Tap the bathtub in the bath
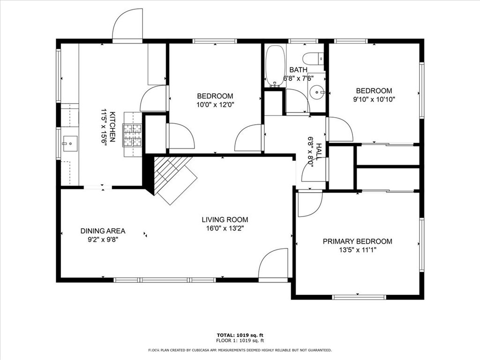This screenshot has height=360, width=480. coord(275,66)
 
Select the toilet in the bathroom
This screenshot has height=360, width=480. coord(313,58)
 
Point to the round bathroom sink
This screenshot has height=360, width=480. coord(317,91)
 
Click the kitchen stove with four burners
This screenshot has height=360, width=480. coord(133,135)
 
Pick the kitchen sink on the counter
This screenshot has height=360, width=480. coord(69,143)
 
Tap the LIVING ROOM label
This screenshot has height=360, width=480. coord(225,219)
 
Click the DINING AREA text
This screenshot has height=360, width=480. coord(103,231)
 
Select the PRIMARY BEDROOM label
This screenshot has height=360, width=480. coord(357,241)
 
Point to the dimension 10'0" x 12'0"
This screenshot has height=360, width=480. coord(215,105)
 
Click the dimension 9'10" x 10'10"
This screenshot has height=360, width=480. coord(374,99)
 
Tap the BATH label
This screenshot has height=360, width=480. coord(298,70)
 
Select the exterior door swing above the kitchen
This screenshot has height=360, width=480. coord(127,24)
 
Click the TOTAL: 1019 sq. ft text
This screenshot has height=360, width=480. coord(240,335)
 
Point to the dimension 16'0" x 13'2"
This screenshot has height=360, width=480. coord(225,228)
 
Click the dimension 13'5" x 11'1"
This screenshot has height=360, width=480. coord(358,250)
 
